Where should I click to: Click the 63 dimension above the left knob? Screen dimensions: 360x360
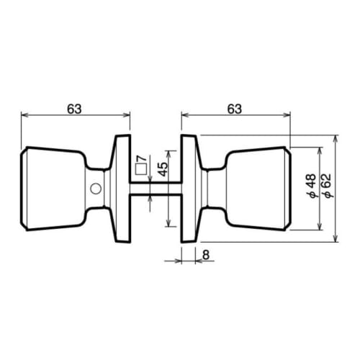(x=74, y=108)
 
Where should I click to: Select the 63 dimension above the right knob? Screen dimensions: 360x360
(x=234, y=108)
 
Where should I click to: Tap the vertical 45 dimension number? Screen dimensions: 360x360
(x=163, y=171)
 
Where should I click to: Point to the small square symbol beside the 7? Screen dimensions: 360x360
(x=141, y=171)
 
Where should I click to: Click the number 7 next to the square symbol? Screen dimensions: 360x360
(x=141, y=159)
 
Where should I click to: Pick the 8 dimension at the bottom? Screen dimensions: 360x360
(x=205, y=253)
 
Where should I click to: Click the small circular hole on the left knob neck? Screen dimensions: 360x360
(x=94, y=189)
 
